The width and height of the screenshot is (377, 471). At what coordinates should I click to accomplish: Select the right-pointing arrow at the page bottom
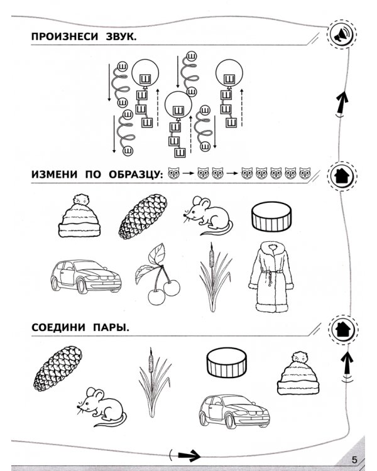pyautogui.click(x=188, y=455)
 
